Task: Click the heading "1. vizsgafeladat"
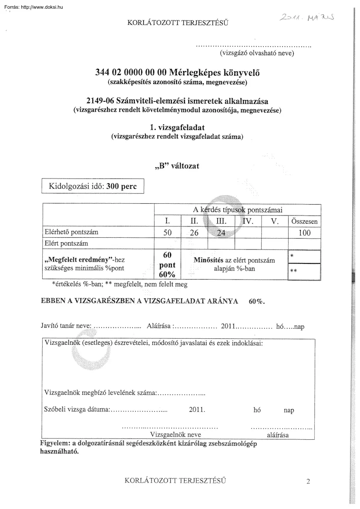[x=177, y=128]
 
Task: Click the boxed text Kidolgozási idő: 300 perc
[x=92, y=186]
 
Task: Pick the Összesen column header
[x=304, y=222]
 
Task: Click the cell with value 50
[x=167, y=233]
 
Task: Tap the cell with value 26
[x=194, y=233]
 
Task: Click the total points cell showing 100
[x=304, y=233]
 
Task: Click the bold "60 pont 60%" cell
[x=167, y=265]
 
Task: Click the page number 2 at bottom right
[x=308, y=482]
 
